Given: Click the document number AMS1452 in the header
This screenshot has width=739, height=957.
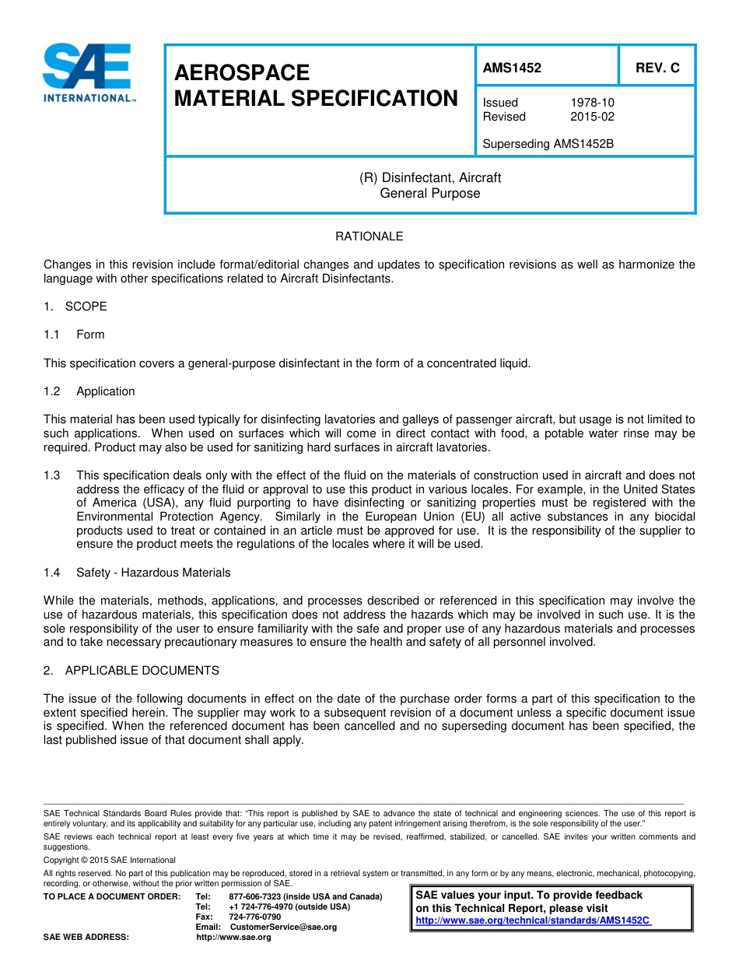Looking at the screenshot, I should [511, 68].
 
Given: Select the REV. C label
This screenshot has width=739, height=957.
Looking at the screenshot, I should [657, 68].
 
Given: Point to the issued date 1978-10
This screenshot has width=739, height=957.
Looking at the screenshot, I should [592, 103].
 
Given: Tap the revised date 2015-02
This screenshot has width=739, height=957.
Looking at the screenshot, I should [592, 117].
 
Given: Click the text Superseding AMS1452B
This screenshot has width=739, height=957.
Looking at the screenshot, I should [548, 144].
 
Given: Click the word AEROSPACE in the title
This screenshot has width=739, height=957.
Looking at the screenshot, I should [242, 72].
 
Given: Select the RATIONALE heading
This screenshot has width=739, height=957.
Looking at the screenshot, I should [369, 236].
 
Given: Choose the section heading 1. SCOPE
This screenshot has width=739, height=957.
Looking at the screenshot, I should [75, 306].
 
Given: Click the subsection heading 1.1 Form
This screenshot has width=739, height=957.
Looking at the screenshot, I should [75, 335].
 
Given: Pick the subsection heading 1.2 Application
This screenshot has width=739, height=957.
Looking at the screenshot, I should [89, 391].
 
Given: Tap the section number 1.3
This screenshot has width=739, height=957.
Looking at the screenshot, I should [52, 475].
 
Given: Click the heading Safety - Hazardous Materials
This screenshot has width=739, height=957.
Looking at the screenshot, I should [153, 573].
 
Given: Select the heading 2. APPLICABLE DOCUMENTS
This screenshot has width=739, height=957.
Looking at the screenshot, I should [131, 670].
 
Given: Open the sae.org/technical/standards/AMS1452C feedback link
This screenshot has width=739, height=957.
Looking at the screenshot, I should [533, 920].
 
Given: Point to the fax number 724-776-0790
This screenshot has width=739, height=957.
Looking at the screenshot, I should [254, 917].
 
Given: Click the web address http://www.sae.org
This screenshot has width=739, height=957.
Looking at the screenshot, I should [233, 937].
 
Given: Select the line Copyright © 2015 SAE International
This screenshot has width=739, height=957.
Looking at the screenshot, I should [110, 860].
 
